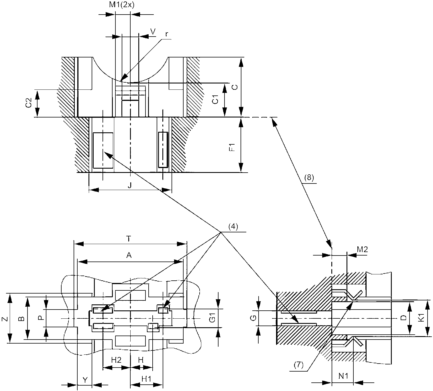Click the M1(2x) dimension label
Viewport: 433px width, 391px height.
tap(121, 5)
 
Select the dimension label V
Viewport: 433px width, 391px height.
tap(153, 32)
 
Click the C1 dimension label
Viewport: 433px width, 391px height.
tap(215, 99)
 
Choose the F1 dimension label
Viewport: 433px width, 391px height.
tap(232, 147)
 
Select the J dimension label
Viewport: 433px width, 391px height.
tap(129, 185)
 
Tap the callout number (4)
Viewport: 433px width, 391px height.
tap(233, 227)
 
